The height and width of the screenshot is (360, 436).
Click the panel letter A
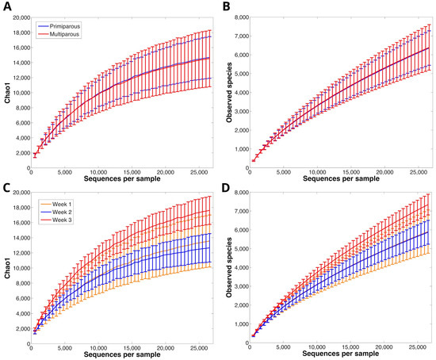click(6, 6)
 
